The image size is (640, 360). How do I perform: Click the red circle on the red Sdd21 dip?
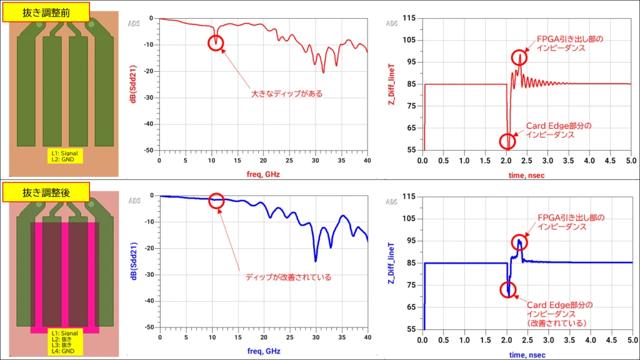(x=216, y=42)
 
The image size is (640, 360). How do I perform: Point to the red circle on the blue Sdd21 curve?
(x=216, y=201)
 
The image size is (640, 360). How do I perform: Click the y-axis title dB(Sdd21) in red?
(x=132, y=84)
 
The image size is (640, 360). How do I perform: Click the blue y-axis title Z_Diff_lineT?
(x=392, y=263)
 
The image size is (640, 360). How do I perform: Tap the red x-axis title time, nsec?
(x=527, y=175)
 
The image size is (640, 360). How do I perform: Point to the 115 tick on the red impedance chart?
(x=410, y=18)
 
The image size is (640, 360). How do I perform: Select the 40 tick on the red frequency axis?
(x=367, y=160)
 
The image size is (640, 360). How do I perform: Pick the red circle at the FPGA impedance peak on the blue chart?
(x=519, y=242)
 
